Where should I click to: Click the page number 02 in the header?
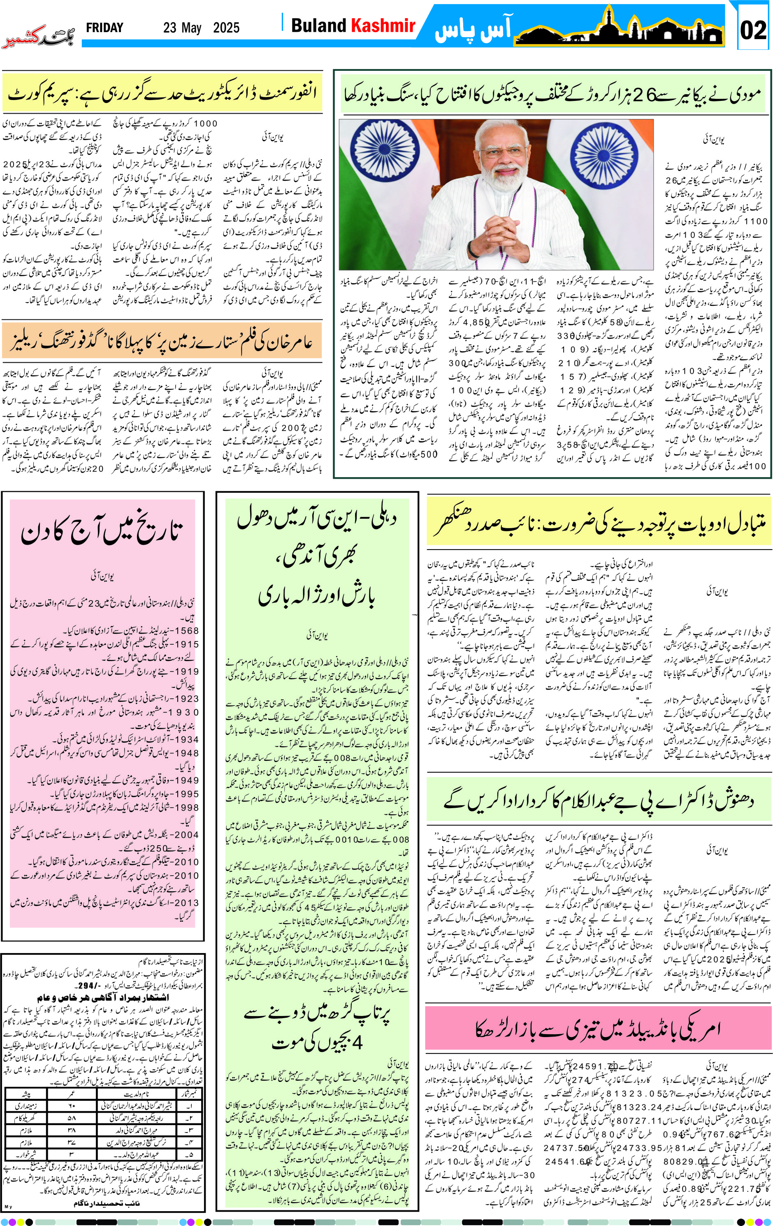[x=753, y=30]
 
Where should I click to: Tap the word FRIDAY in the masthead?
[x=104, y=28]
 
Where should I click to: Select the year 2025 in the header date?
[x=226, y=28]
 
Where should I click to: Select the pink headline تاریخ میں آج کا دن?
[x=102, y=532]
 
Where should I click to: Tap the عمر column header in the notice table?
[x=71, y=1093]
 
